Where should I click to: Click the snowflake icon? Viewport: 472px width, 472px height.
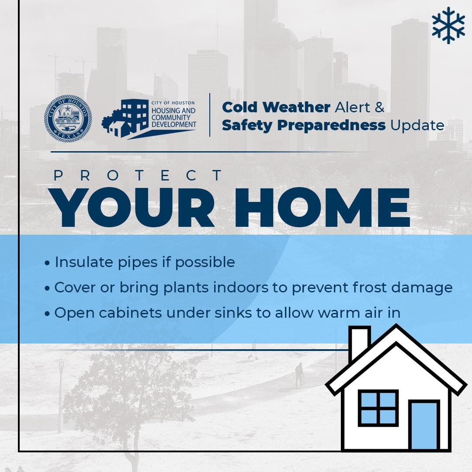[448, 25]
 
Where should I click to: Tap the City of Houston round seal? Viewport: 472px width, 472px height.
[68, 118]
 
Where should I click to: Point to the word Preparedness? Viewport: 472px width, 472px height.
[331, 125]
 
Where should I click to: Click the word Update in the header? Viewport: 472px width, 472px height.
[417, 125]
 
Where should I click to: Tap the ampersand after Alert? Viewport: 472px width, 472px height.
[380, 107]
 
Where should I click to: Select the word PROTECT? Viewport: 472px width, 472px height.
[138, 175]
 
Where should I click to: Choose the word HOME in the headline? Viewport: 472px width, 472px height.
[323, 207]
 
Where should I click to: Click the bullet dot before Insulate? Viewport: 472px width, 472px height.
[47, 263]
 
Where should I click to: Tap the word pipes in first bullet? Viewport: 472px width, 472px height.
[138, 263]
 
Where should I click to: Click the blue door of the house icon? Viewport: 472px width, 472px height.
[424, 425]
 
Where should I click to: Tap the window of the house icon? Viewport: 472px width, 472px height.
[378, 408]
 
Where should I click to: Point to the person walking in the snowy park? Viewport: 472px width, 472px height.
[299, 375]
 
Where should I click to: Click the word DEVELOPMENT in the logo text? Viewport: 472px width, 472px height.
[174, 124]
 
